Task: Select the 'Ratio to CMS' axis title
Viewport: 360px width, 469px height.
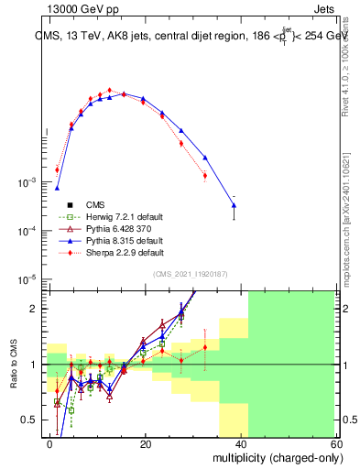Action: tap(14, 365)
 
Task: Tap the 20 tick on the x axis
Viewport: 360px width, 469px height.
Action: tap(146, 442)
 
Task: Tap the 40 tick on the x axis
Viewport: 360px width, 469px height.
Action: tap(241, 442)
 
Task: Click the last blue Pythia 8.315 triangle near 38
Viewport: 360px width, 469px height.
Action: tap(234, 205)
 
